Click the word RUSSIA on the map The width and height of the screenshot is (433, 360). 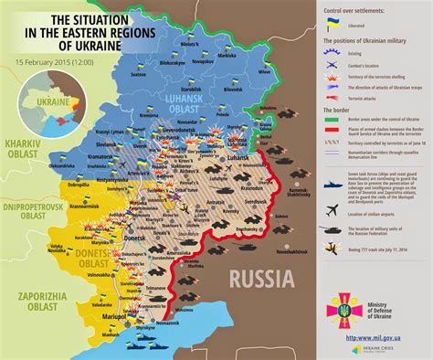(262, 279)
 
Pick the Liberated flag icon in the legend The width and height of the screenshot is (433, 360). (333, 24)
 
